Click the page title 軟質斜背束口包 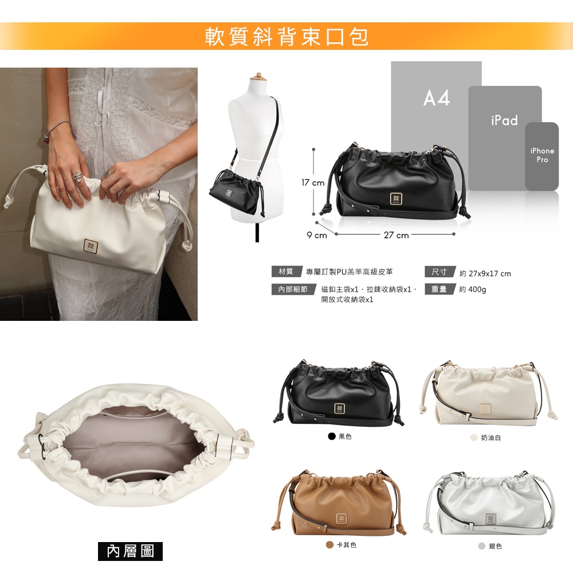[287, 36]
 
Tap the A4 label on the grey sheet [436, 98]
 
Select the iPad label [504, 120]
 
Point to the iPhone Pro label [542, 155]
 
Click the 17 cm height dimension [313, 182]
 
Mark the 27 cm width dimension [396, 235]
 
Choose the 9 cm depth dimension [317, 235]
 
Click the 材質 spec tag [286, 271]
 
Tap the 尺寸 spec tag [439, 272]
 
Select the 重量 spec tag [439, 289]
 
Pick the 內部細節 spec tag [293, 289]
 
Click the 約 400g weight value [473, 289]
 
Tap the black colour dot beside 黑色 [332, 436]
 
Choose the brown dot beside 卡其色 [329, 545]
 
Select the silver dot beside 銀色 [482, 546]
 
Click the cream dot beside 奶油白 [474, 437]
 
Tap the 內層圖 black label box [130, 551]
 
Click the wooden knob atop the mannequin [259, 75]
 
